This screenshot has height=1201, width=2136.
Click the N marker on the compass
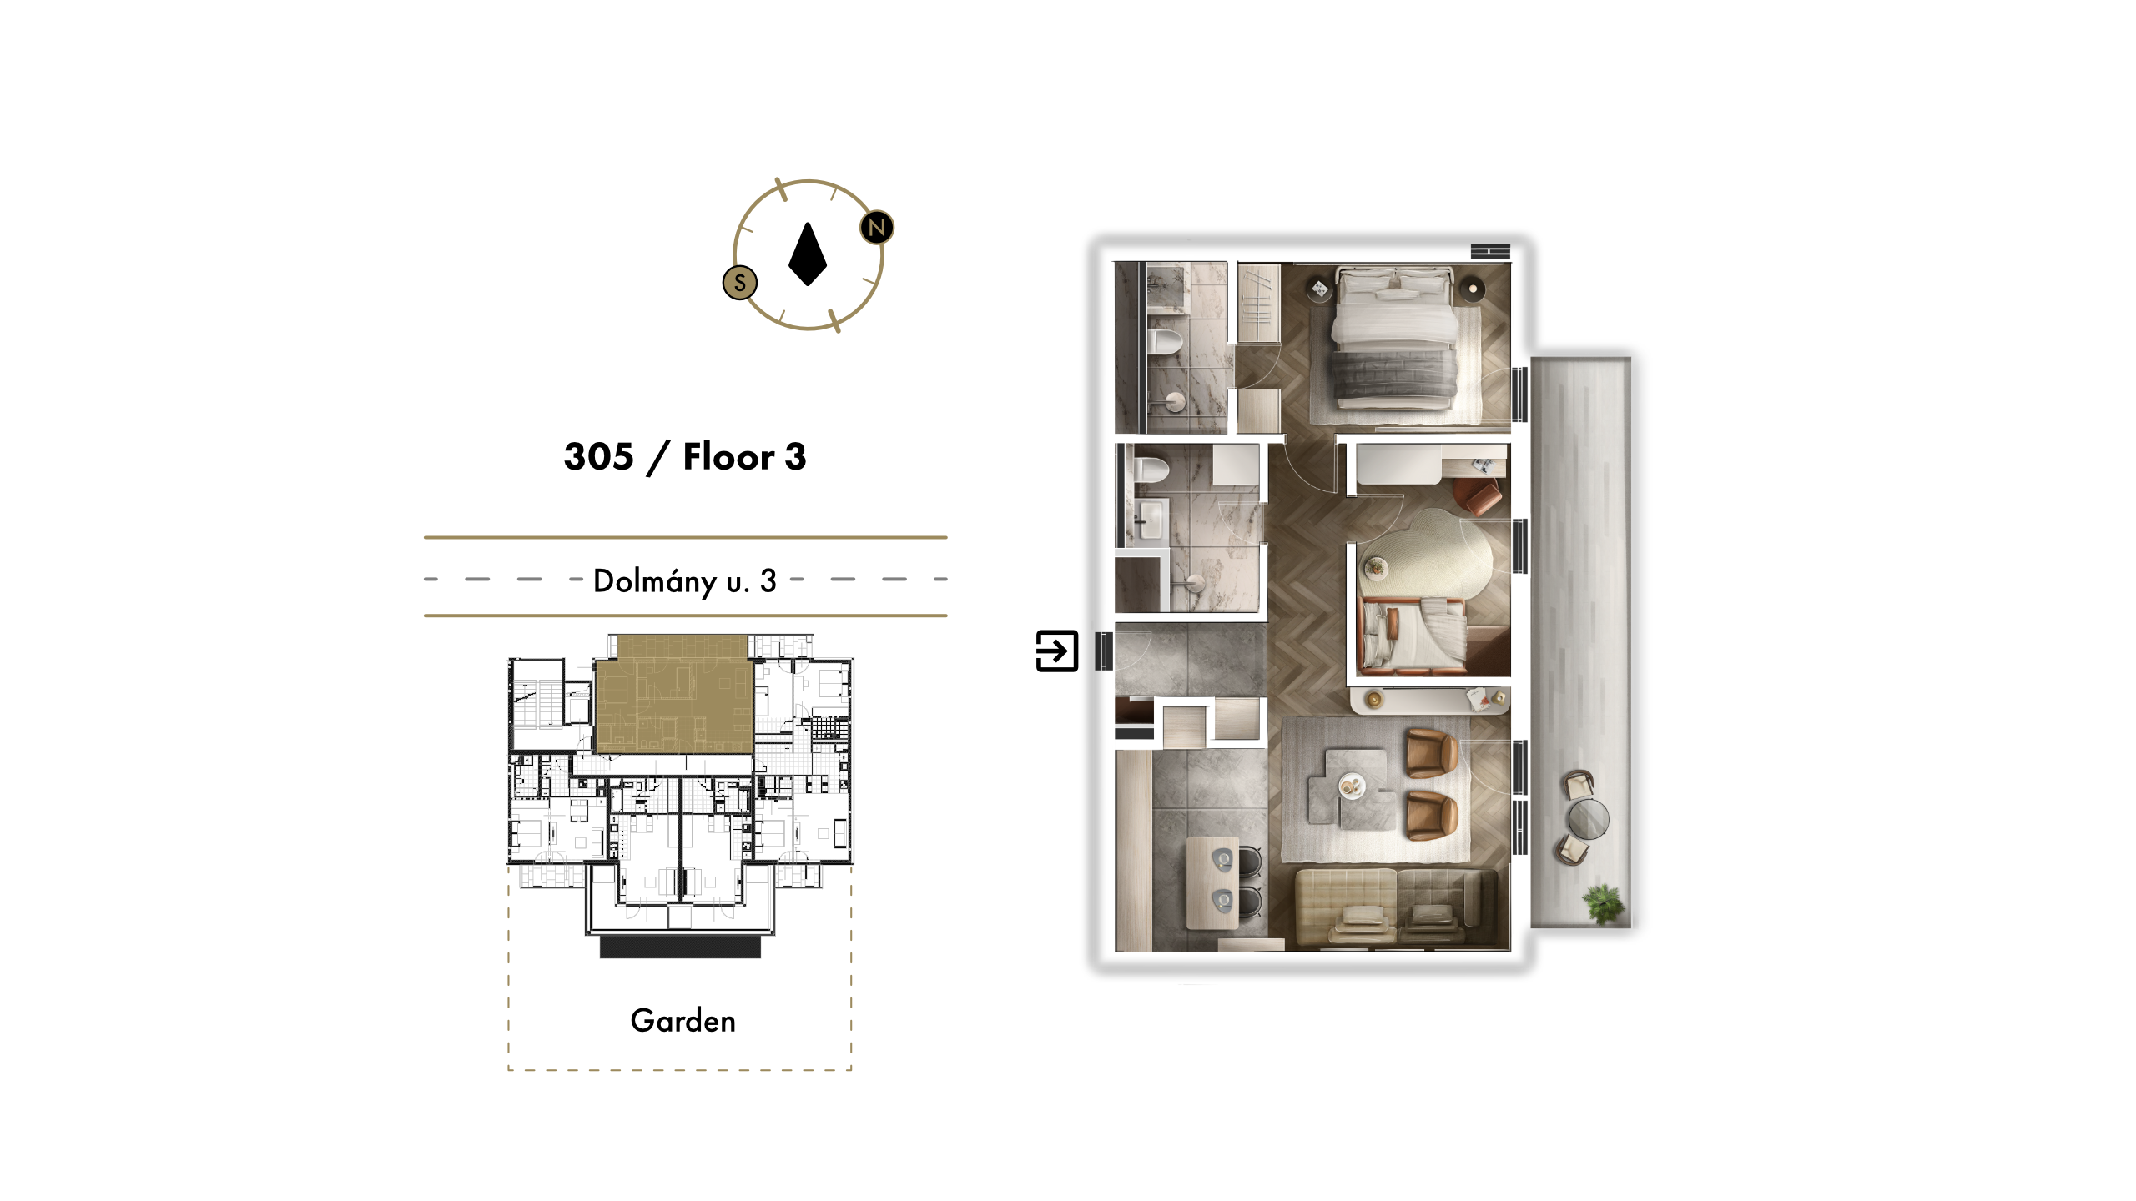tap(876, 227)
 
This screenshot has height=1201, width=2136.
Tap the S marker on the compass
tap(739, 283)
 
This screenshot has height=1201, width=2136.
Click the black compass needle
tap(808, 254)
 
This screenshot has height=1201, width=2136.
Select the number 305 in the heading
tap(598, 456)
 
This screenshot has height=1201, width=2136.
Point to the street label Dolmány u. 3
tap(685, 580)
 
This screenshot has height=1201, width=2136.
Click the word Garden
tap(683, 1021)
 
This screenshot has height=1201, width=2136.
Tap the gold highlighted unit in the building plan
tap(674, 695)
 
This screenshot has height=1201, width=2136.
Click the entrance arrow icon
tap(1056, 651)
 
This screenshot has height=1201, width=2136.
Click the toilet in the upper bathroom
tap(1165, 341)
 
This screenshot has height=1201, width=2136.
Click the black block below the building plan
tap(680, 947)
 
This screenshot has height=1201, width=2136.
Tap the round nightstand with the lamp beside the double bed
tap(1473, 289)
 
